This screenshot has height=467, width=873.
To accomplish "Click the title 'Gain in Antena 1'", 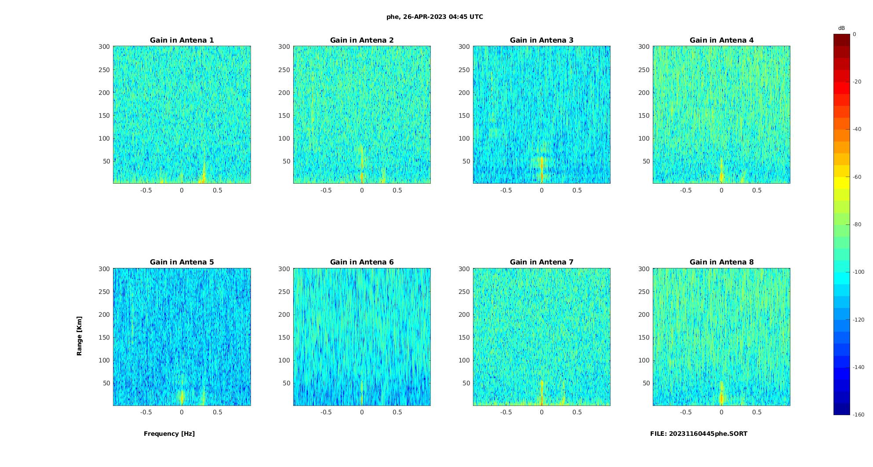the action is coord(182,40).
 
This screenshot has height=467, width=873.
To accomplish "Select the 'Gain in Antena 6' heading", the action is coord(362,262).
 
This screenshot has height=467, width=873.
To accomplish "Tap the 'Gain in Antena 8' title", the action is coord(721,262).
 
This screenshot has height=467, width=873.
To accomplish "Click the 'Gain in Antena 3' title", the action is coord(542,40).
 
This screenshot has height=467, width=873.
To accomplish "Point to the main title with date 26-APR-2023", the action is coord(435,17).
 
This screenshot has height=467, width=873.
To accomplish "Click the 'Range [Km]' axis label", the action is coord(79,336).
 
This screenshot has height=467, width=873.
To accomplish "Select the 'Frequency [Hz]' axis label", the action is coord(169,434).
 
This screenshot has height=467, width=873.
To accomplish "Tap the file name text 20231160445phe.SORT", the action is coord(698,434).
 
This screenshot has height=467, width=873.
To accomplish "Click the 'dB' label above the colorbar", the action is coord(841,28).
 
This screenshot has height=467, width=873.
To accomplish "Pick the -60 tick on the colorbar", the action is coord(857,177).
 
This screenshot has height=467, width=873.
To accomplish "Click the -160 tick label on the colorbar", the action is coord(858,415).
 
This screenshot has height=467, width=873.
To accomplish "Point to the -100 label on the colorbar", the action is coord(858,272).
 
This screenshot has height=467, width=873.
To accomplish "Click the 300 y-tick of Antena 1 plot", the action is coord(104,47).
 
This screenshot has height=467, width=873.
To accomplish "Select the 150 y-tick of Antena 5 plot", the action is coord(104,337).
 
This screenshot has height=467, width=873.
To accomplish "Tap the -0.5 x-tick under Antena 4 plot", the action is coord(686,190).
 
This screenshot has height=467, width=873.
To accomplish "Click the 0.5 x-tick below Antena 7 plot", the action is coord(577,412).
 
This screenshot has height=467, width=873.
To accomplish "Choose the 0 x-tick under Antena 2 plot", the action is coord(362,190).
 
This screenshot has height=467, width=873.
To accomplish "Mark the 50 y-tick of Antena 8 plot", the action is coord(646,383).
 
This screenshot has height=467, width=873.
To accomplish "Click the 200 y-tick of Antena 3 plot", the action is coord(464,93).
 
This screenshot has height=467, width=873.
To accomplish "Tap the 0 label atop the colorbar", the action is coord(855,34).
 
